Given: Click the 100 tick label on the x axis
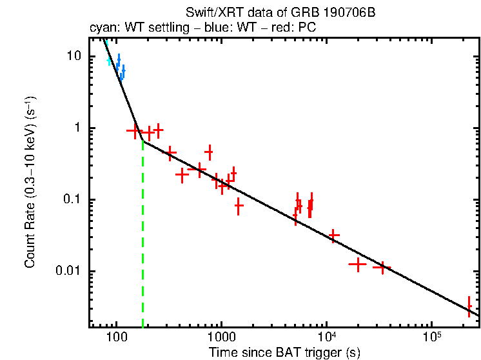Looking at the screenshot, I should click(x=117, y=338).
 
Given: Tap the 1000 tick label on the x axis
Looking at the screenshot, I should click(x=222, y=338).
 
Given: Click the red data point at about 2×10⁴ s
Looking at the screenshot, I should click(x=357, y=264).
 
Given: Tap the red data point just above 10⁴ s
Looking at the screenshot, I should click(x=333, y=235).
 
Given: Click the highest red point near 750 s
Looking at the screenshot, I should click(x=209, y=152).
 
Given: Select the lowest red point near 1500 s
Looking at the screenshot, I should click(x=239, y=206).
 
